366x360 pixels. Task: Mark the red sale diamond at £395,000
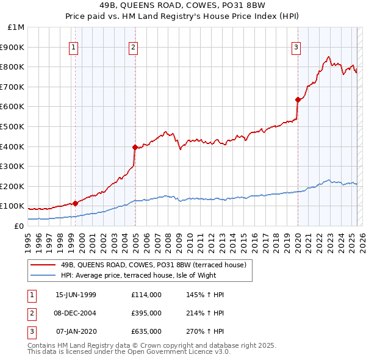click(x=135, y=147)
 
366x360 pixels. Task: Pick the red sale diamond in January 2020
click(x=298, y=99)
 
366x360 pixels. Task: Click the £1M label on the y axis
click(x=16, y=27)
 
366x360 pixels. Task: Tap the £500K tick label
click(x=13, y=127)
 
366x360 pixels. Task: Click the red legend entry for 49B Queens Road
click(x=153, y=265)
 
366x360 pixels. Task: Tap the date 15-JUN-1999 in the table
click(x=76, y=295)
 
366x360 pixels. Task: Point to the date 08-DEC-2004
click(x=76, y=313)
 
